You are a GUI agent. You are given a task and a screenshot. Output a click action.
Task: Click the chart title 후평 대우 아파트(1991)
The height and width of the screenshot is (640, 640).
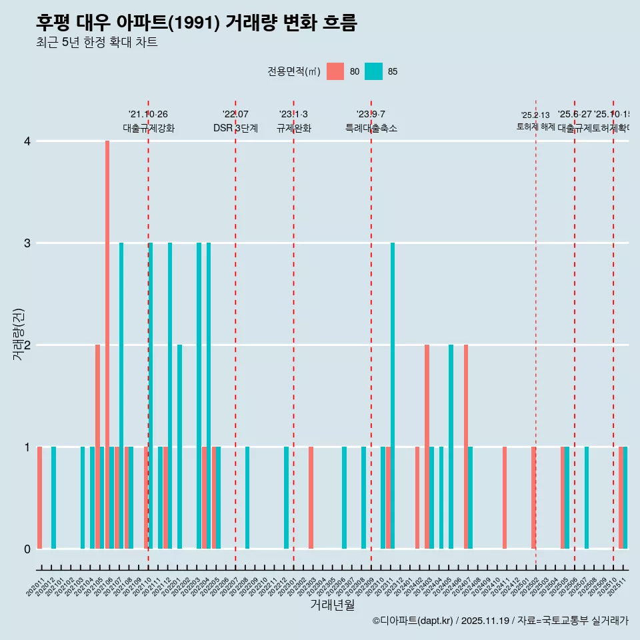[197, 23]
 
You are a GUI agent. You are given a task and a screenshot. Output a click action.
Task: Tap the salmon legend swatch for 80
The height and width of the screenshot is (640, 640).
[335, 71]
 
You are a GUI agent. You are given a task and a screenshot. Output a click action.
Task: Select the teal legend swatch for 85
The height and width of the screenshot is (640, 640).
[374, 71]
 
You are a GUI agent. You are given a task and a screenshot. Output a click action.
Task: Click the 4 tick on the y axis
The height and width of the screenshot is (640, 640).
[27, 141]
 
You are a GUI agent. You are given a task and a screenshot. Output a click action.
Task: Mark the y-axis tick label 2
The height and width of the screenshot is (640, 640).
[27, 345]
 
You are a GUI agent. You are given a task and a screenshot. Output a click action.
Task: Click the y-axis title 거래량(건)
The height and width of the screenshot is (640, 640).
[18, 334]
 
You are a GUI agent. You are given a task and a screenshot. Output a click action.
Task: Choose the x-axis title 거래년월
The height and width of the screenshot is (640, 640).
[332, 605]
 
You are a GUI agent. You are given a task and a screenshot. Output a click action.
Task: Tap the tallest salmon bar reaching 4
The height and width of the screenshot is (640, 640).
[107, 345]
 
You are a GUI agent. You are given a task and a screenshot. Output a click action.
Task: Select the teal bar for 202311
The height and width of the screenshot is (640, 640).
[393, 396]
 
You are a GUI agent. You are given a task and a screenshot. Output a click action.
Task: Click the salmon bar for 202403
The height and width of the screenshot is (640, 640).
[427, 447]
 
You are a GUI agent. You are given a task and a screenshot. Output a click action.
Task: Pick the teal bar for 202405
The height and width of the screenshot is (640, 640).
[451, 447]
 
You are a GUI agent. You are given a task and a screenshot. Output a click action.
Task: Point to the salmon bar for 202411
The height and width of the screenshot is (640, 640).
[505, 498]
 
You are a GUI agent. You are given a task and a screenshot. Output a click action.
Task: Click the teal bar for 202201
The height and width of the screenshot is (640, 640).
[180, 447]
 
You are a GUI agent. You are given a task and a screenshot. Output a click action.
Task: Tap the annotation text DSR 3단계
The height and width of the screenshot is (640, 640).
[235, 128]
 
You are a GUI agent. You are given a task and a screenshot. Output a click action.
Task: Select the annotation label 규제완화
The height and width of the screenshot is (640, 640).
[293, 128]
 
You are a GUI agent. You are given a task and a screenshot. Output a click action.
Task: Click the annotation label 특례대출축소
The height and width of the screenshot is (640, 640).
[371, 128]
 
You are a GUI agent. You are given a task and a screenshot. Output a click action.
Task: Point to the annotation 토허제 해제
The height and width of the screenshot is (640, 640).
[535, 127]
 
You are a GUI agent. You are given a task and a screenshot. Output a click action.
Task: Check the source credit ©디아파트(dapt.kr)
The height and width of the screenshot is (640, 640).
[413, 621]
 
